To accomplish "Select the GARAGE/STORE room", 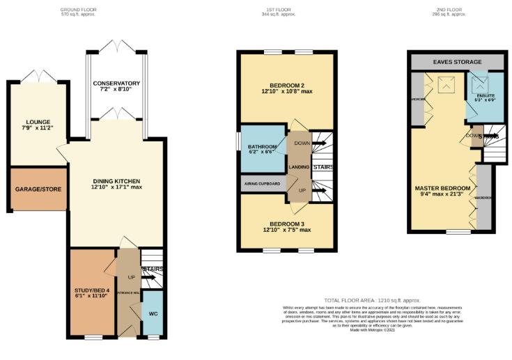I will point(38,189).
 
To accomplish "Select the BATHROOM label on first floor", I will point(263,148).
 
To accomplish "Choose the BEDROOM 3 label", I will point(286,226).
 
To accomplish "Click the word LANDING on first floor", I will point(300,167).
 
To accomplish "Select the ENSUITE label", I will point(486,97).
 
